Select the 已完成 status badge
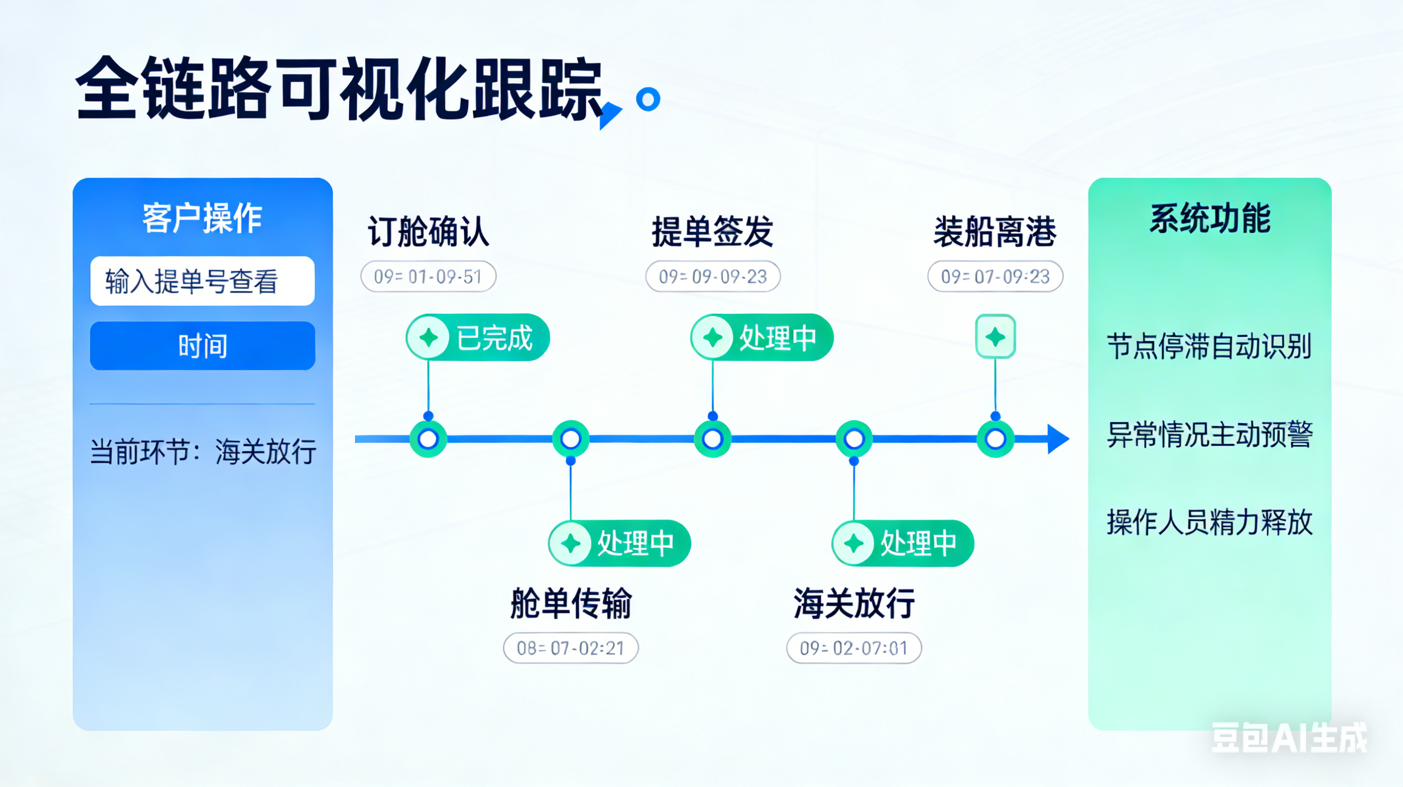(478, 338)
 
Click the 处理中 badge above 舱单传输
(619, 543)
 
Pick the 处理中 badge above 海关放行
(902, 543)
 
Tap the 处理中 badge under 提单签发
(762, 338)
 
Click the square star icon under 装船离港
(995, 337)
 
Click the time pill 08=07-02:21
(570, 647)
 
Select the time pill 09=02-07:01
(854, 647)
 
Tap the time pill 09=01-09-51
(428, 277)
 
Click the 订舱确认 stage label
(428, 231)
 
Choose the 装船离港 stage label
(995, 231)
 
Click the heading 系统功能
(1210, 218)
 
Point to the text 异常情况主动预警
(1210, 435)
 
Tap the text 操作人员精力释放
(1210, 522)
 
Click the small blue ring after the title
(648, 100)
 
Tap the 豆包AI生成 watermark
(1289, 738)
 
